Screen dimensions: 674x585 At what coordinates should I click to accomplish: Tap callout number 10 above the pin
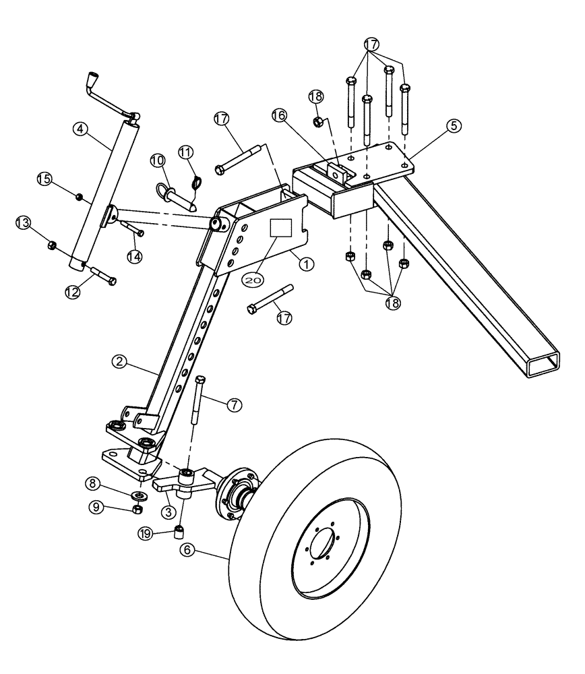coord(157,160)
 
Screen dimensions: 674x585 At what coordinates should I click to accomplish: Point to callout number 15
coord(44,179)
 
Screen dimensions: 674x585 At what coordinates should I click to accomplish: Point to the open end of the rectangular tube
coord(543,365)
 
